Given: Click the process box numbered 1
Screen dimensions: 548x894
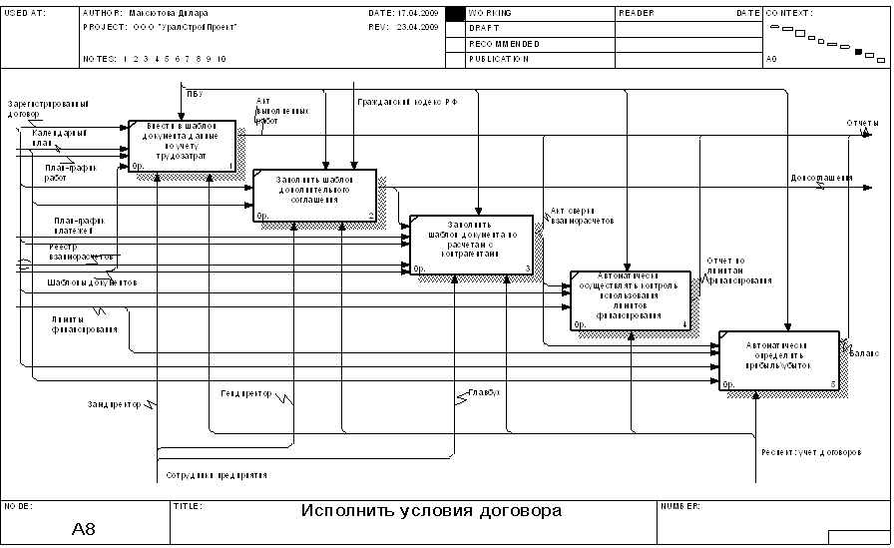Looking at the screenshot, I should click(x=182, y=147).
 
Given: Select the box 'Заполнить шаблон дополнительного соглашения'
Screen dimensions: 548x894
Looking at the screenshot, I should click(x=314, y=194).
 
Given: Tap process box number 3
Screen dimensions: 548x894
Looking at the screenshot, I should click(x=471, y=244).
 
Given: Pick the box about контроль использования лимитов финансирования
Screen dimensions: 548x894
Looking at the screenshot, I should click(x=630, y=299).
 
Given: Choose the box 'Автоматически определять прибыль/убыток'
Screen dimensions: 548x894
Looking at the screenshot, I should click(x=779, y=360).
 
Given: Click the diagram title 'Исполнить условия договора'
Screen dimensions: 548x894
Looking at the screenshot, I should click(x=431, y=511).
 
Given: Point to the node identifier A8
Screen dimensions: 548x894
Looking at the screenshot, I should click(x=85, y=528).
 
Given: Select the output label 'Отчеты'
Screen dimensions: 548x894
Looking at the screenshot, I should click(x=862, y=124).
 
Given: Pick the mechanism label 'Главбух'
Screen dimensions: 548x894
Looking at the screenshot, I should click(x=484, y=391).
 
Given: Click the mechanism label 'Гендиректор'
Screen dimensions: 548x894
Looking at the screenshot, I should click(x=246, y=394).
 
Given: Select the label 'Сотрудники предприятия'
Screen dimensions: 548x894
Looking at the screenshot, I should click(x=217, y=475).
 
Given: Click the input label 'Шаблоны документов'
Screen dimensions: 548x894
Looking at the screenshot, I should click(x=91, y=282).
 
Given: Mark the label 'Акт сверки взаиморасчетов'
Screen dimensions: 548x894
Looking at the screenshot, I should click(x=582, y=216).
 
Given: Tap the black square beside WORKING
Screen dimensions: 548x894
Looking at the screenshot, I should click(x=455, y=14).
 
